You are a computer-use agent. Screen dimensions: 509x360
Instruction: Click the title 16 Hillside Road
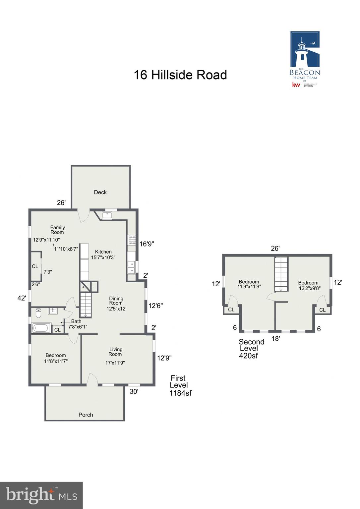(180, 75)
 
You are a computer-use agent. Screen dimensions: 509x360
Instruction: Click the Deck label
(100, 192)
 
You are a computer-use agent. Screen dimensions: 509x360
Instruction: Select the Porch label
(86, 415)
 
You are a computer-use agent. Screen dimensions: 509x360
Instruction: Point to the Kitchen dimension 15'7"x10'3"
(103, 257)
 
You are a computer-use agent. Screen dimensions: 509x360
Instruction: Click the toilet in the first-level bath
(38, 313)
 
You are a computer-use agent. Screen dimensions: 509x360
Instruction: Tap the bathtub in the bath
(41, 328)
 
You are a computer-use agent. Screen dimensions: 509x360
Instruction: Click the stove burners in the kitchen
(132, 240)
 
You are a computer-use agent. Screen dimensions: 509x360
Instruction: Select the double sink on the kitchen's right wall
(131, 267)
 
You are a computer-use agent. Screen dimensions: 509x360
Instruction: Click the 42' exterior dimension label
(22, 298)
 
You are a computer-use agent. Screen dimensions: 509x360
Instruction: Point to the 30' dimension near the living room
(134, 392)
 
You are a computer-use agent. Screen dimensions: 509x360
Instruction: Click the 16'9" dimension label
(147, 244)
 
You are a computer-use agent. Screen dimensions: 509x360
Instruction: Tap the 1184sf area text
(180, 393)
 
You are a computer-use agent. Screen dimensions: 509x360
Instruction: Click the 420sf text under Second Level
(248, 356)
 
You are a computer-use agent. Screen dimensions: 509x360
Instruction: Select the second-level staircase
(281, 274)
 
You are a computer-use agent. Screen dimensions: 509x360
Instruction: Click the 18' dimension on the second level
(275, 339)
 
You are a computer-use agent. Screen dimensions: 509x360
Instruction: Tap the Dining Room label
(116, 301)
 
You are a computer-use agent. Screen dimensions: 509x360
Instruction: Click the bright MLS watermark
(41, 495)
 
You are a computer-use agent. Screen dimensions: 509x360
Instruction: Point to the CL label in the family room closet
(35, 266)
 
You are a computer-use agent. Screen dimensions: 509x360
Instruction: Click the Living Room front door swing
(92, 379)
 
